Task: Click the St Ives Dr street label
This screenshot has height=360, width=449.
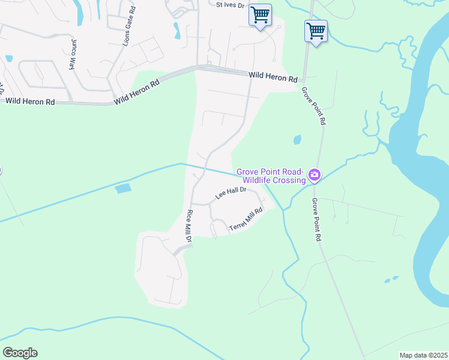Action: point(231,5)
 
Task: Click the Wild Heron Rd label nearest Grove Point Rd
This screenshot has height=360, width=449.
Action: point(273,78)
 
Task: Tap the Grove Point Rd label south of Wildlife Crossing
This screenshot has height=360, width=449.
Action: point(316,220)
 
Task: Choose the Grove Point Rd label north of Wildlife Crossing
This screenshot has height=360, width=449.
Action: point(314,106)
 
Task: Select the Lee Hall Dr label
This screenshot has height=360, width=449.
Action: point(231,193)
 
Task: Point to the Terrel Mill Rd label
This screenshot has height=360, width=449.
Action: point(246,220)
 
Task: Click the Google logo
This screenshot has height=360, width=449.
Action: point(20,353)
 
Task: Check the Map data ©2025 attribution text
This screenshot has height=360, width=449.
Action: point(423,355)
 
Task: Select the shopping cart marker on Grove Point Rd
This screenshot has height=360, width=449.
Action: point(316,31)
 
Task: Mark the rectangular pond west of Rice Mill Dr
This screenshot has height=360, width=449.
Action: point(122,188)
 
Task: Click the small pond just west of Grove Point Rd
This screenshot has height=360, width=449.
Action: point(297,140)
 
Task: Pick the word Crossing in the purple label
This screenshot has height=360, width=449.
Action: point(289,180)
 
